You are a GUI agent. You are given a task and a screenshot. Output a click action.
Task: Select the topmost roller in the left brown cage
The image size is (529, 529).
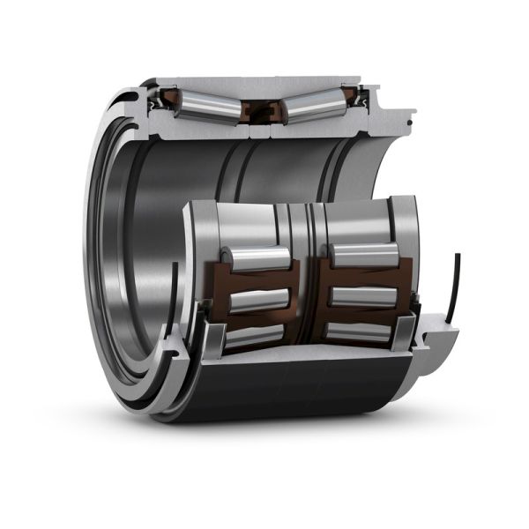tap(257, 258)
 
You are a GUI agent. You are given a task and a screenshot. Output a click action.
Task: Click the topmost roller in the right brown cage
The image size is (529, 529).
tap(365, 256)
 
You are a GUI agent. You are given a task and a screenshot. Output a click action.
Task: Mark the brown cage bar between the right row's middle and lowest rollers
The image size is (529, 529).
tap(361, 316)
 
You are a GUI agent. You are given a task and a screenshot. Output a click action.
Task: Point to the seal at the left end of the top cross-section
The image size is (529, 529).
tap(159, 101)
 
